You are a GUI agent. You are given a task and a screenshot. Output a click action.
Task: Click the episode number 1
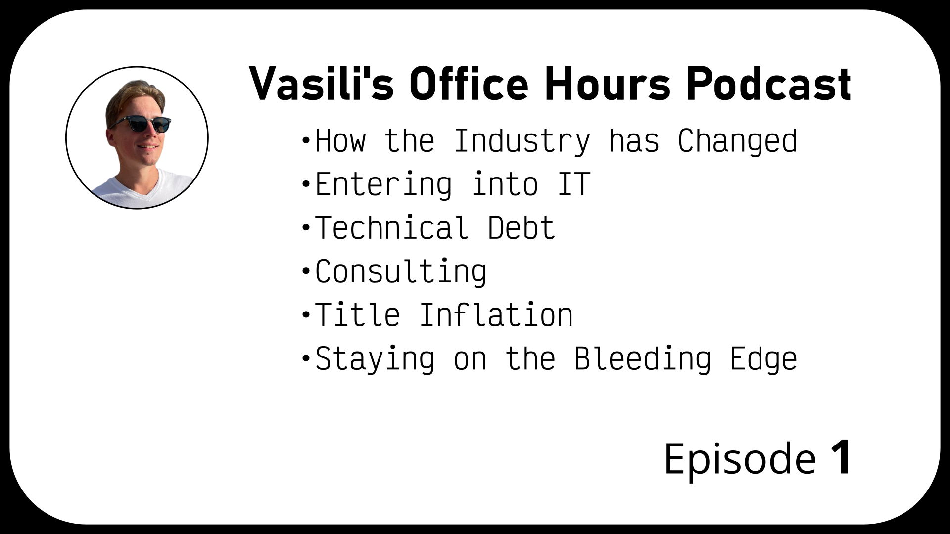(x=841, y=458)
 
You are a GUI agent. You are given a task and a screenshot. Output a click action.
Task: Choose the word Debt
(x=522, y=228)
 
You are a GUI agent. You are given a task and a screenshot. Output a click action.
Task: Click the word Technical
(x=392, y=228)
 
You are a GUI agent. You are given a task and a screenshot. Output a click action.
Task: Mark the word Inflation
(x=496, y=315)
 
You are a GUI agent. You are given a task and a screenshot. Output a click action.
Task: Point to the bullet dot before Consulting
(x=305, y=272)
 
